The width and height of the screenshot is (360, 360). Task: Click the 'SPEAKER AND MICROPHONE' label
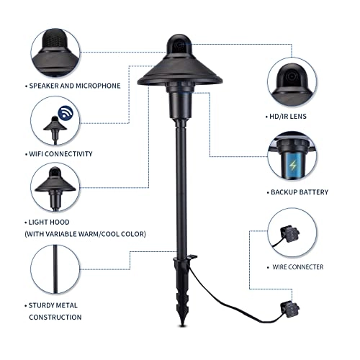[x=75, y=86]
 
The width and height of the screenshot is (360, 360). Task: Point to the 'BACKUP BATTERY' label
[x=300, y=192]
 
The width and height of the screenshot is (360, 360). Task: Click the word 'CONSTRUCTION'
[x=55, y=317]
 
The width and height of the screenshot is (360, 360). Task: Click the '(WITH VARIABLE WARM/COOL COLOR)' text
[x=87, y=233]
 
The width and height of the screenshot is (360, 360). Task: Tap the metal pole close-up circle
[x=55, y=269]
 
